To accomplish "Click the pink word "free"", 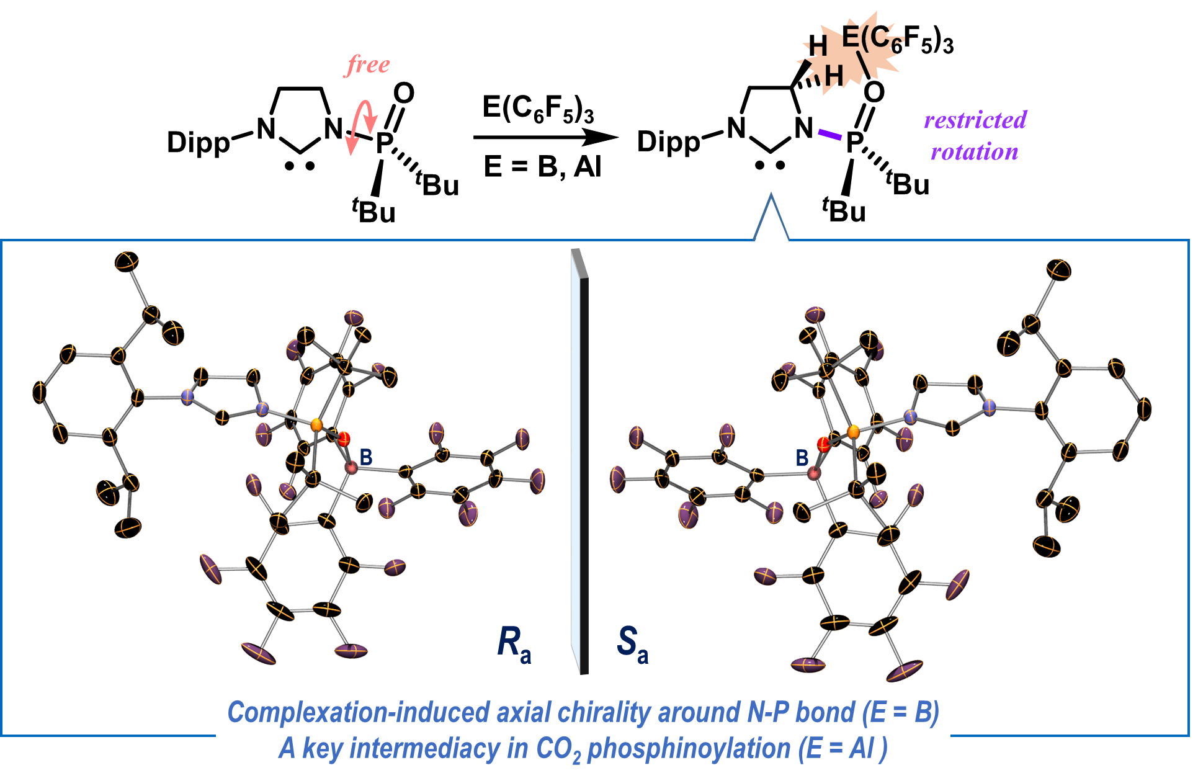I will coord(368,65).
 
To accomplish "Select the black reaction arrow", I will coord(546,137).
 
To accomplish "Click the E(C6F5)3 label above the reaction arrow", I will coord(538,109).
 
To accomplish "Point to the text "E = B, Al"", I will coord(542,166).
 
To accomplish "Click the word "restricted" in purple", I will coord(975,120).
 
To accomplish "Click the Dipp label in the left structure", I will coord(198,143).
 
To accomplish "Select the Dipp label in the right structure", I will coord(668,142).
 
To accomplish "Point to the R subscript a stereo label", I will coord(514,643).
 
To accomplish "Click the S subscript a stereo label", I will coord(632,643).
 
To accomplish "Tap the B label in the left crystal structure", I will coord(366,458).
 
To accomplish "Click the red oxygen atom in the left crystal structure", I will coord(344,439).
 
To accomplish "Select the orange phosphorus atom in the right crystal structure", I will coord(853,431).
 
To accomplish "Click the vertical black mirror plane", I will coord(582,471).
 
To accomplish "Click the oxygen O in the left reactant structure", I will coord(404,94).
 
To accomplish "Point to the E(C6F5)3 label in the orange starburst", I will coord(897,40).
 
